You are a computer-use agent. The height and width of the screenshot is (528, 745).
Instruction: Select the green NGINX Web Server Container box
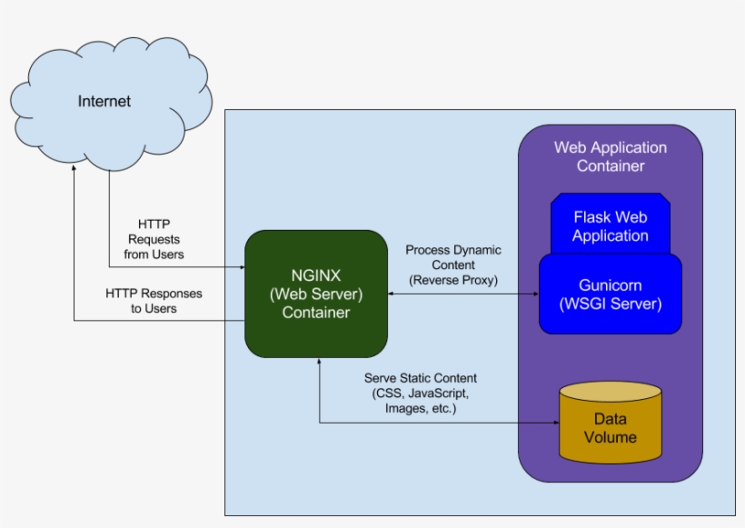pos(315,293)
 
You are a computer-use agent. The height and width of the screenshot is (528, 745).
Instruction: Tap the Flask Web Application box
pos(610,226)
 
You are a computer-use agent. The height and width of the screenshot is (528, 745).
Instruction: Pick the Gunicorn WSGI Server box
pos(610,294)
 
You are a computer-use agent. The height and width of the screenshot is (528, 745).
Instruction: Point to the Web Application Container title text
pos(610,156)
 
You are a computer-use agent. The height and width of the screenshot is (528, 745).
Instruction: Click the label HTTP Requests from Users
pos(154,239)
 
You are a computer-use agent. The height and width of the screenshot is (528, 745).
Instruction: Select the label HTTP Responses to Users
pos(154,301)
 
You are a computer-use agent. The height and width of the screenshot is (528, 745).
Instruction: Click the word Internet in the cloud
pos(104,102)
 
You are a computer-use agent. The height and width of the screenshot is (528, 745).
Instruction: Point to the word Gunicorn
pos(611,284)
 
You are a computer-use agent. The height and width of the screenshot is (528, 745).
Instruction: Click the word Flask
pos(592,217)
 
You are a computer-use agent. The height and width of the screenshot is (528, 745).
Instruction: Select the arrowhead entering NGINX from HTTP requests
pos(241,267)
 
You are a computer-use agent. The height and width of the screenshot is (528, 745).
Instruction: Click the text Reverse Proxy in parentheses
pos(452,280)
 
